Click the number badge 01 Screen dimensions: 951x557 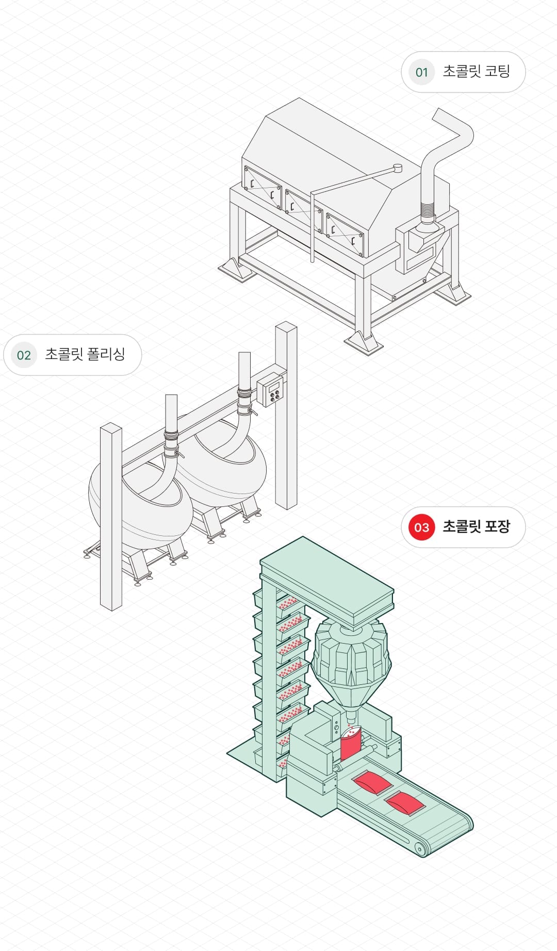pyautogui.click(x=421, y=72)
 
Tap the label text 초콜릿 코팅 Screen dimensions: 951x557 pyautogui.click(x=476, y=71)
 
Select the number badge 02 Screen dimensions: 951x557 pyautogui.click(x=24, y=355)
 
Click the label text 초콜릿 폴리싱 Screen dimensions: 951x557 pyautogui.click(x=85, y=354)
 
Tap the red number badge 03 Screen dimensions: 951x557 pyautogui.click(x=421, y=527)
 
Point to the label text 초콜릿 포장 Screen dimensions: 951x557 pyautogui.click(x=476, y=527)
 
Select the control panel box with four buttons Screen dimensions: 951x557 pyautogui.click(x=271, y=390)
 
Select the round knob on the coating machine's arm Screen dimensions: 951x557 pyautogui.click(x=397, y=168)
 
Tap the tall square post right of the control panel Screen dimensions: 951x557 pyautogui.click(x=286, y=413)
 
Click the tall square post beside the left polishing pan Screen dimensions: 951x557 pyautogui.click(x=111, y=516)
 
